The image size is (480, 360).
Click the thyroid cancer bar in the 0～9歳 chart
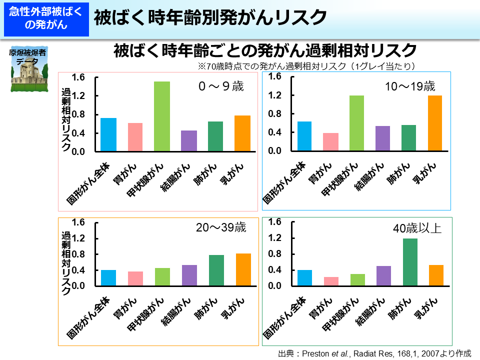[x=162, y=116]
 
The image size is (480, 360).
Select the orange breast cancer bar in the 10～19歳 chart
[x=434, y=123]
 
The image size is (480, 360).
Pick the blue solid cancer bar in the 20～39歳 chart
[x=108, y=278]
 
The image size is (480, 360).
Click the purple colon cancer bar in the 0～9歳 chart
[x=189, y=140]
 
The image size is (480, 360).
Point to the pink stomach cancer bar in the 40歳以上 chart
[x=330, y=281]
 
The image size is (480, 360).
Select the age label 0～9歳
[x=220, y=86]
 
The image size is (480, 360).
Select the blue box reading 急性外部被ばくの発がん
[x=46, y=19]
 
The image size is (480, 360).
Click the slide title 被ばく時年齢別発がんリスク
[x=210, y=18]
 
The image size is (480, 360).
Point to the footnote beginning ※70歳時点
[x=307, y=66]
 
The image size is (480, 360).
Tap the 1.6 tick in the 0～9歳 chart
[x=78, y=77]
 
